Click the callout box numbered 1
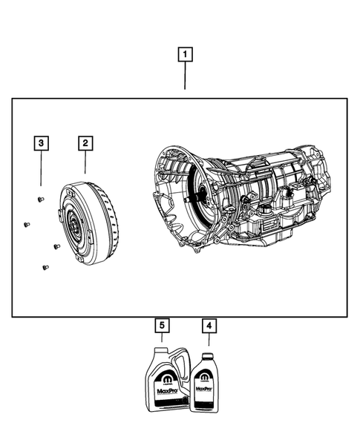[x=186, y=54]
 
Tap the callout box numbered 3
[x=42, y=142]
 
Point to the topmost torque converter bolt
[x=39, y=198]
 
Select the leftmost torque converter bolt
[x=26, y=224]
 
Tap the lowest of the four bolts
[x=45, y=267]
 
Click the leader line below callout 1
[x=186, y=77]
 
